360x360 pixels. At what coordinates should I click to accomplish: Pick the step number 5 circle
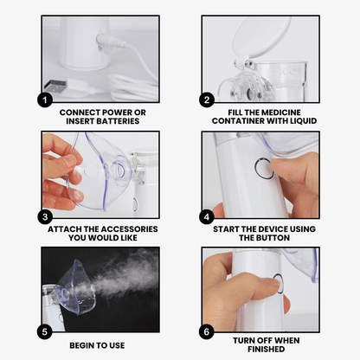(44, 331)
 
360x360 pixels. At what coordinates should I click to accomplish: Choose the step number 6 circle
(207, 331)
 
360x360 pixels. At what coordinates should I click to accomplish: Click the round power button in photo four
(264, 169)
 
